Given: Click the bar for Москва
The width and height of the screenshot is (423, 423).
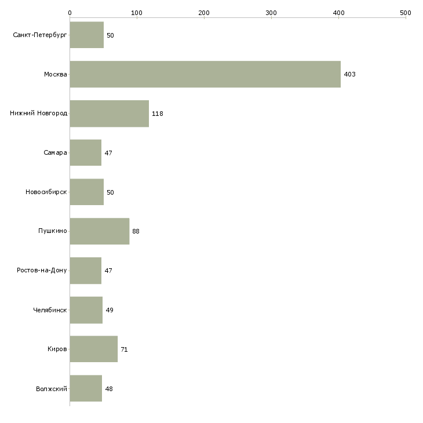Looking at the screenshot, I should pos(205,74).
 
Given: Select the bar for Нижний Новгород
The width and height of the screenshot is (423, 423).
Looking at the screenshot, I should pos(109,114).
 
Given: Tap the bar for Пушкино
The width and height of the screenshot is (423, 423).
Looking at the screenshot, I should pos(99,231).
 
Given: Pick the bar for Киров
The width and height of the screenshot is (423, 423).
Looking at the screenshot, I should pos(93,349).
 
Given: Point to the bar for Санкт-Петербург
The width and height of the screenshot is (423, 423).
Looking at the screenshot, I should pos(86,35).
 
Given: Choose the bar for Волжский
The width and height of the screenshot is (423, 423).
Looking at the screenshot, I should pos(86,388).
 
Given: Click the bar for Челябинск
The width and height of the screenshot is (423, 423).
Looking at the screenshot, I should pos(86,310).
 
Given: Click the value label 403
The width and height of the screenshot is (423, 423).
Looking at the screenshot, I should pos(349,75).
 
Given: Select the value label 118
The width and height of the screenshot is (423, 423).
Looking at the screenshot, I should pos(158,114).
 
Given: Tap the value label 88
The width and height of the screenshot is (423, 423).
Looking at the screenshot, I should pos(136,231).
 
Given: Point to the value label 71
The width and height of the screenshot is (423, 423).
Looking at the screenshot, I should pos(124,349).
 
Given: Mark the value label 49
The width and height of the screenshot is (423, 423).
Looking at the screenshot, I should pos(110,310).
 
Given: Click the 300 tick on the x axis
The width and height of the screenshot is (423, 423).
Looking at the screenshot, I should pos(271,12).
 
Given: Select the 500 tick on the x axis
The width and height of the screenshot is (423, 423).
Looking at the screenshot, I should pos(406,12).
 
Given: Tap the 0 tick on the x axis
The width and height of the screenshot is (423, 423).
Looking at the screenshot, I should pos(70,12).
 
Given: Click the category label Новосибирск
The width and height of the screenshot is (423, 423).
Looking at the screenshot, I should pos(46,192).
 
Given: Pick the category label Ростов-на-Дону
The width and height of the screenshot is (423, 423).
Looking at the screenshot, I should pos(42,271).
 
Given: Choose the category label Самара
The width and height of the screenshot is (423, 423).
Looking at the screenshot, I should pos(55,153).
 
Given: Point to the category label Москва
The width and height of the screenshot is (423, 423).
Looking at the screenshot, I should pos(56,75).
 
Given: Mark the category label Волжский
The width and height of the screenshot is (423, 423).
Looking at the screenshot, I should pos(52,388).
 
